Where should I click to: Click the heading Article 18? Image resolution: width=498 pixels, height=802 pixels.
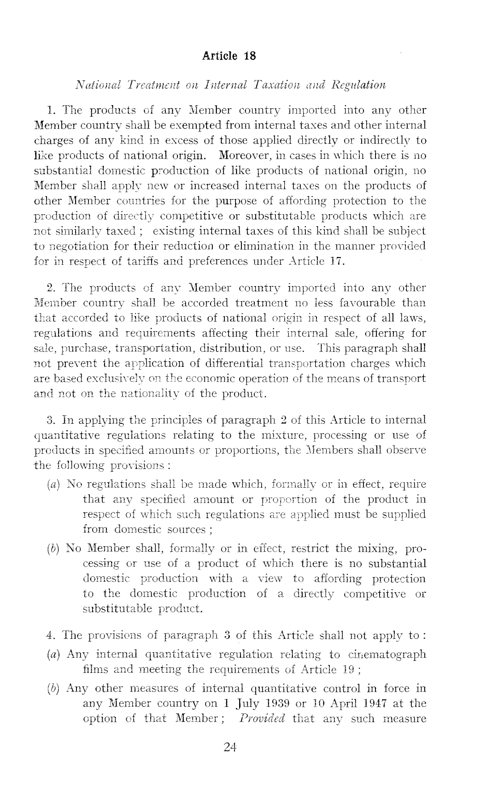point(229,56)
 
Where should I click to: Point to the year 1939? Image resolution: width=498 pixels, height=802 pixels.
point(268,703)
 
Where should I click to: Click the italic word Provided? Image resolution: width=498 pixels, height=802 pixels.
point(262,718)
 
